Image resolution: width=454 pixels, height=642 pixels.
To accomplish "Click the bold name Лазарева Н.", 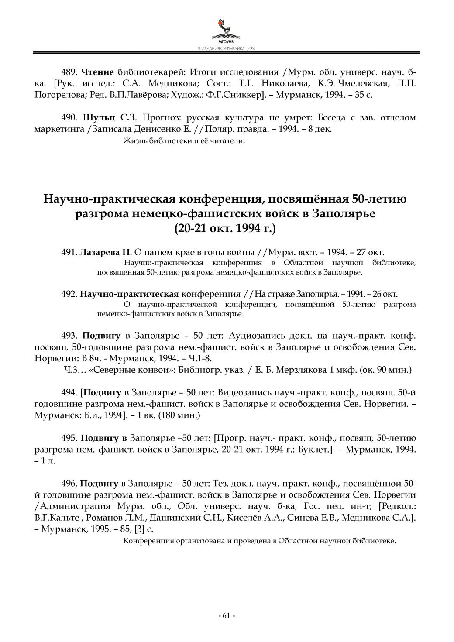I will click(105, 253).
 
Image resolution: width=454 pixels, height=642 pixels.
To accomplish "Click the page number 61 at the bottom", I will click(226, 615).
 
